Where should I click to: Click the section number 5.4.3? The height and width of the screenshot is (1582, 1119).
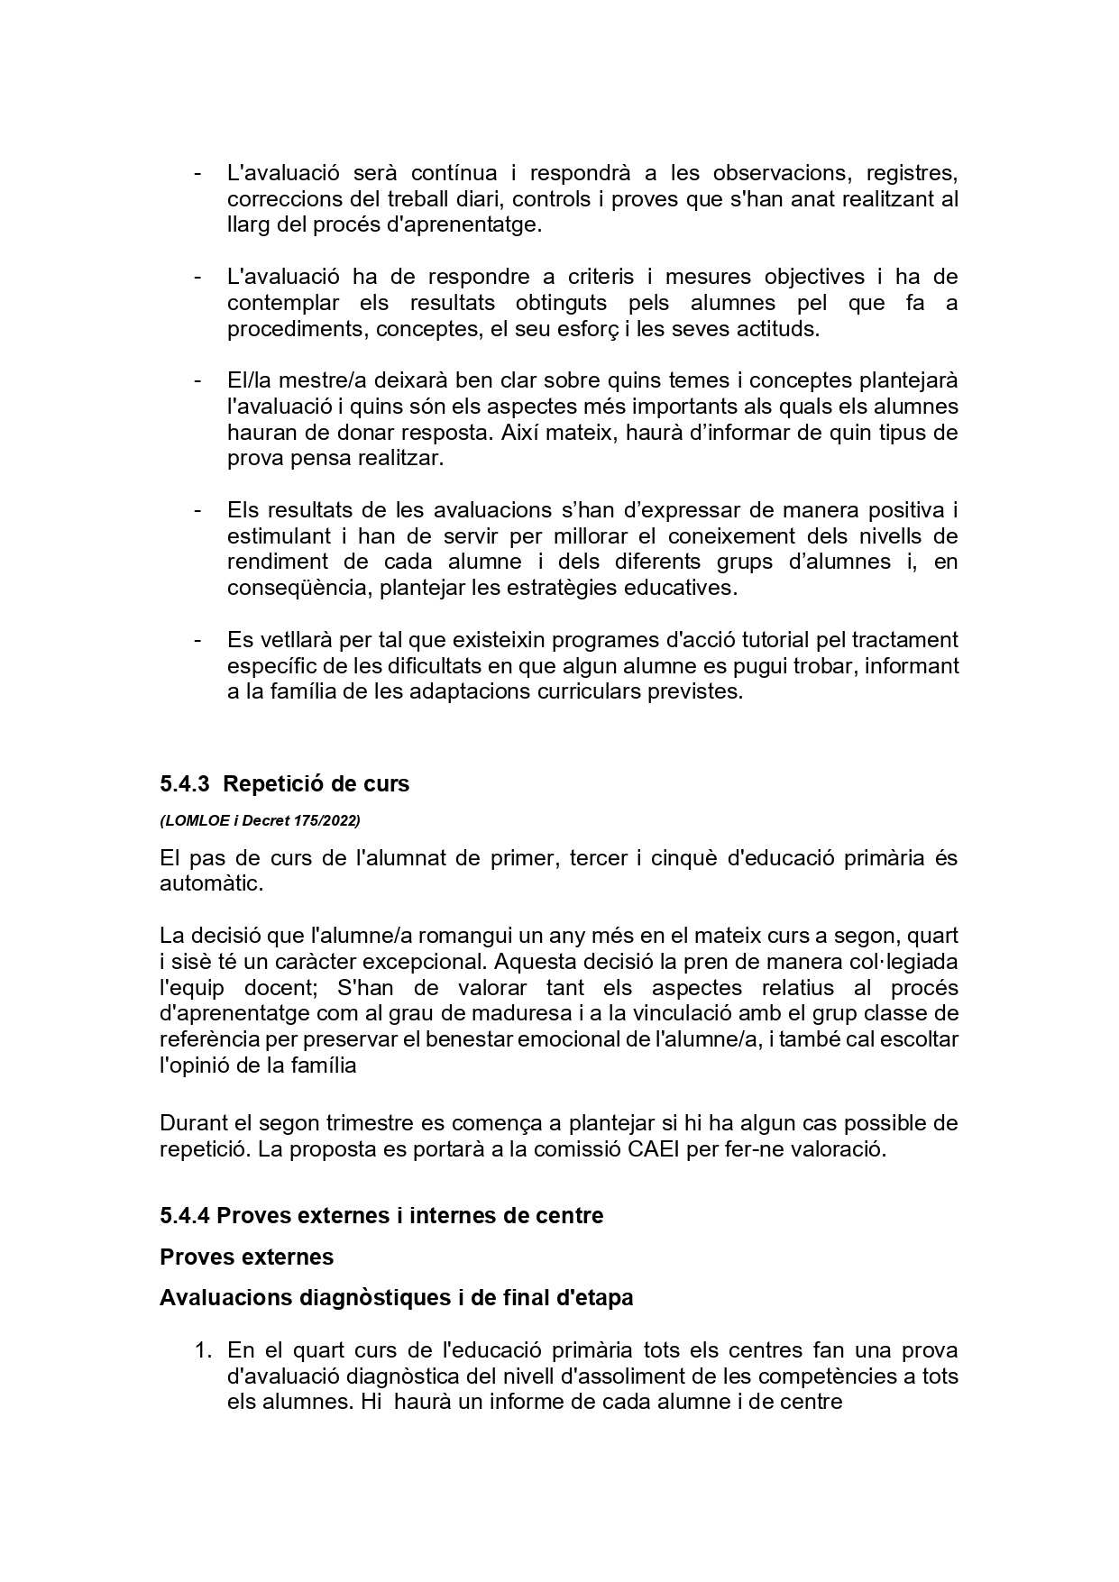(185, 784)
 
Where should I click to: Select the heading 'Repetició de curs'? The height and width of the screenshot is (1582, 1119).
(316, 784)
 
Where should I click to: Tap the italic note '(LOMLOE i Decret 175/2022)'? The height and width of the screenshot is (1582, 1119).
(260, 820)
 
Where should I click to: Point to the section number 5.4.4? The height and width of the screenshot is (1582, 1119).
(185, 1216)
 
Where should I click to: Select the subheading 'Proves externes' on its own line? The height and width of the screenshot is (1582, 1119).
(246, 1257)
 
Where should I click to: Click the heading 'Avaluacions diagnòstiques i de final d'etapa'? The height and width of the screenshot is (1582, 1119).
(396, 1298)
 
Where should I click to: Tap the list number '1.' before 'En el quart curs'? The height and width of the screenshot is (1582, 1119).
(204, 1350)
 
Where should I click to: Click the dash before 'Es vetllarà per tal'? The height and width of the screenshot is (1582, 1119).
(197, 640)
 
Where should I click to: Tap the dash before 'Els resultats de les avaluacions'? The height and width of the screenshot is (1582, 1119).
(197, 510)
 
